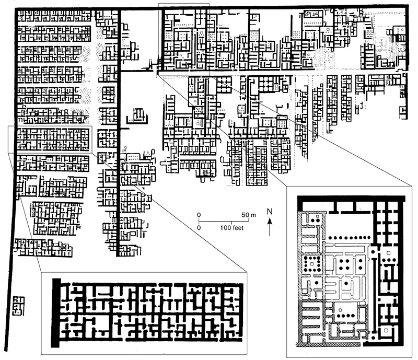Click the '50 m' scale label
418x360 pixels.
pyautogui.click(x=249, y=215)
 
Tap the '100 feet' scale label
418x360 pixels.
pyautogui.click(x=231, y=228)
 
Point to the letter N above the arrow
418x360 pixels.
pyautogui.click(x=270, y=212)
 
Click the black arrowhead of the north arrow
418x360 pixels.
pyautogui.click(x=270, y=221)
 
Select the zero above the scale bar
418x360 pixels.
pyautogui.click(x=199, y=215)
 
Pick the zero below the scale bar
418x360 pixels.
pyautogui.click(x=199, y=228)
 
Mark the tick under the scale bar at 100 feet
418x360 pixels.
pyautogui.click(x=231, y=223)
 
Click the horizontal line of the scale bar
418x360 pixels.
pyautogui.click(x=224, y=222)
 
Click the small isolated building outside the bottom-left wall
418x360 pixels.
pyautogui.click(x=18, y=306)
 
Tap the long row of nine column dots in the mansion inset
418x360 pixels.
pyautogui.click(x=350, y=237)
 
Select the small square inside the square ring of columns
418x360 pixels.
pyautogui.click(x=312, y=264)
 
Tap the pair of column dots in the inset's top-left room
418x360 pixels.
pyautogui.click(x=315, y=220)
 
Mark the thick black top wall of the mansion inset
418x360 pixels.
pyautogui.click(x=351, y=199)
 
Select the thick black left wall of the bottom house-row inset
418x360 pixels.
pyautogui.click(x=56, y=312)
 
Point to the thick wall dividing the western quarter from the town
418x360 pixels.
pyautogui.click(x=119, y=133)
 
